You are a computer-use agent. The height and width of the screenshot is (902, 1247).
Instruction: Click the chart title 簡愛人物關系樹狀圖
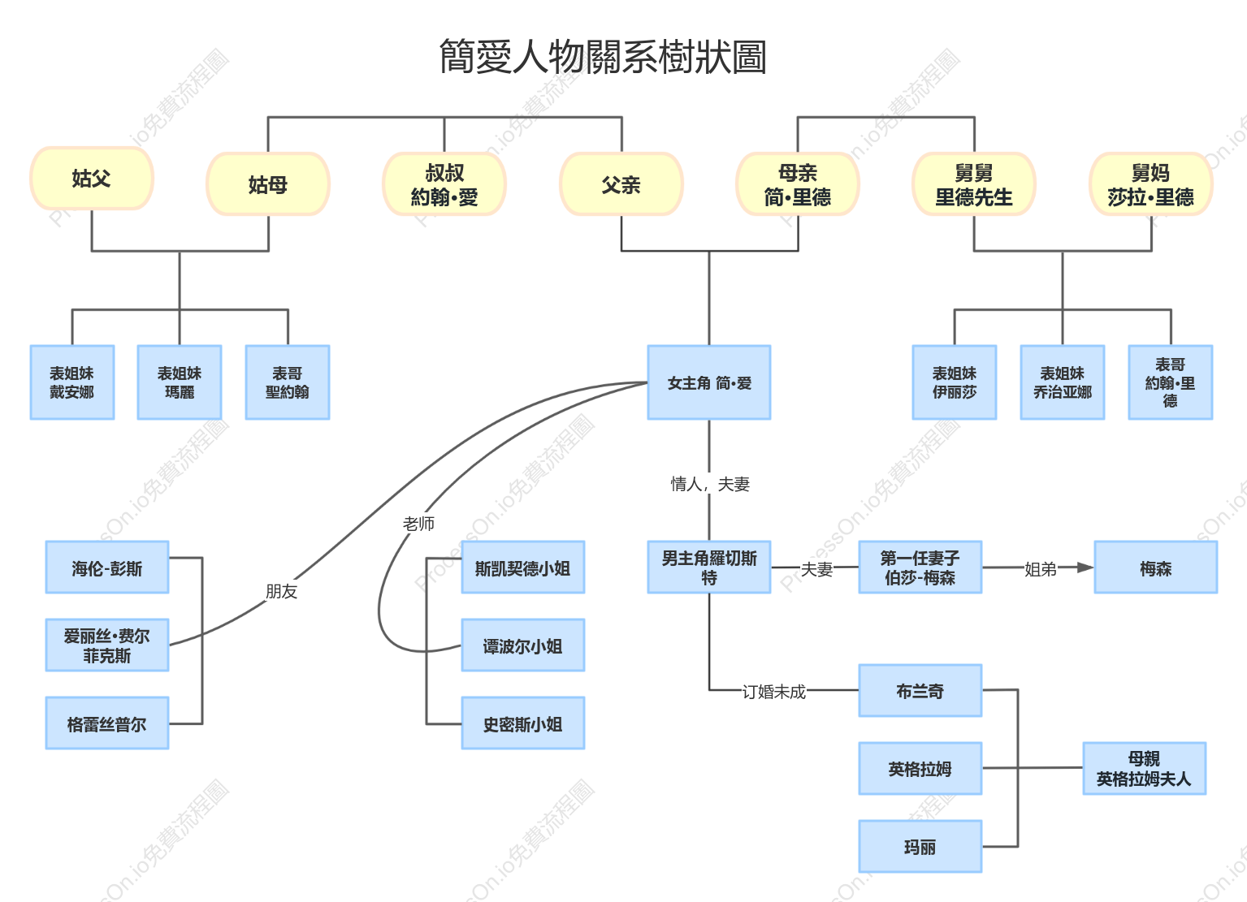[603, 56]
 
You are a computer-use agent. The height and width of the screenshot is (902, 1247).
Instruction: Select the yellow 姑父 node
[92, 178]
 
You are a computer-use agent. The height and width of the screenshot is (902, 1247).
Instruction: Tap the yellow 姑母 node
[268, 184]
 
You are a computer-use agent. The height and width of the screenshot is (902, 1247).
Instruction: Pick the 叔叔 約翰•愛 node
[444, 184]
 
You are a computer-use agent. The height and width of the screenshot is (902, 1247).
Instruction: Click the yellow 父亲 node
[621, 184]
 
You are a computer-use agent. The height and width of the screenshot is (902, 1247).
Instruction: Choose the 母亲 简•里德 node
[798, 184]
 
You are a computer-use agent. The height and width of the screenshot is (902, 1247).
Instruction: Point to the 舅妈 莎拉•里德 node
[1150, 184]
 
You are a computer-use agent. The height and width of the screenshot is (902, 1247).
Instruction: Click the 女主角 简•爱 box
[709, 382]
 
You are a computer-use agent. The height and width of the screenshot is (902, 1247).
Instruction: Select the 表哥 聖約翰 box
[288, 382]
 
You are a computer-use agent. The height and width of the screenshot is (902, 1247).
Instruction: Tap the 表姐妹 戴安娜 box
[72, 382]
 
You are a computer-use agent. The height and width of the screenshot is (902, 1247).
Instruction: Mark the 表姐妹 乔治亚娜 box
[1062, 382]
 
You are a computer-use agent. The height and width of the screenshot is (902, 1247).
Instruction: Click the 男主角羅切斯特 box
[709, 567]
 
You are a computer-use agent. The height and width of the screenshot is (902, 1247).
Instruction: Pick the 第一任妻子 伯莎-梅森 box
[920, 567]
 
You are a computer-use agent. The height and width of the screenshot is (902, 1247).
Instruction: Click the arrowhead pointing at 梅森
[1085, 568]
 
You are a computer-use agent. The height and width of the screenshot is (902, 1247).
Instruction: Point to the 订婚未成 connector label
[774, 692]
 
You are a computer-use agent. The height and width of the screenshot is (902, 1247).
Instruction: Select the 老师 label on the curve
[418, 524]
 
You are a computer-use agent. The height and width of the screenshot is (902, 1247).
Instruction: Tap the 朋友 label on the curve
[281, 591]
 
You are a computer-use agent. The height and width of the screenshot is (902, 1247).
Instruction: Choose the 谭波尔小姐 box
[522, 645]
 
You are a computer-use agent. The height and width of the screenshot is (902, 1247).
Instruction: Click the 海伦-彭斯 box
[107, 567]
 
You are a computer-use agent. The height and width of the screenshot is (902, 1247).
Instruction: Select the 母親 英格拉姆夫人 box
[1144, 769]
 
